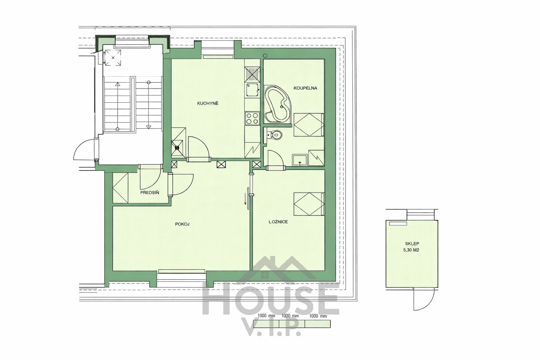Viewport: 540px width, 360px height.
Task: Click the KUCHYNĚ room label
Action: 207,103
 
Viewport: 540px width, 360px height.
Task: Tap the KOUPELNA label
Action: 305,88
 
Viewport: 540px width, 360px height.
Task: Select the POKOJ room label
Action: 182,224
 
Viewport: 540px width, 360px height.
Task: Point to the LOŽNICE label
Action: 278,221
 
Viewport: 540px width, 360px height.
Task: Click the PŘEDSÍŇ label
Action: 150,192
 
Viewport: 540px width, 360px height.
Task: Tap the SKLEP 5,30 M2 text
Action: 412,247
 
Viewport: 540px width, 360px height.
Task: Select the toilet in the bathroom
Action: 275,134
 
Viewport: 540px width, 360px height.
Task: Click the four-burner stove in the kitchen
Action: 252,118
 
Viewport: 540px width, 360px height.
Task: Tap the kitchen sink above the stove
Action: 252,90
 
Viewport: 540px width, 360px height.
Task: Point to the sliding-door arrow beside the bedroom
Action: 246,196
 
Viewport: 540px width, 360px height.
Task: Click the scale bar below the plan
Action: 292,323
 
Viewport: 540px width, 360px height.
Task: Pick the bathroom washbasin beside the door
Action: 300,160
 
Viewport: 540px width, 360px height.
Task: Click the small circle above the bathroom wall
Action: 265,55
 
